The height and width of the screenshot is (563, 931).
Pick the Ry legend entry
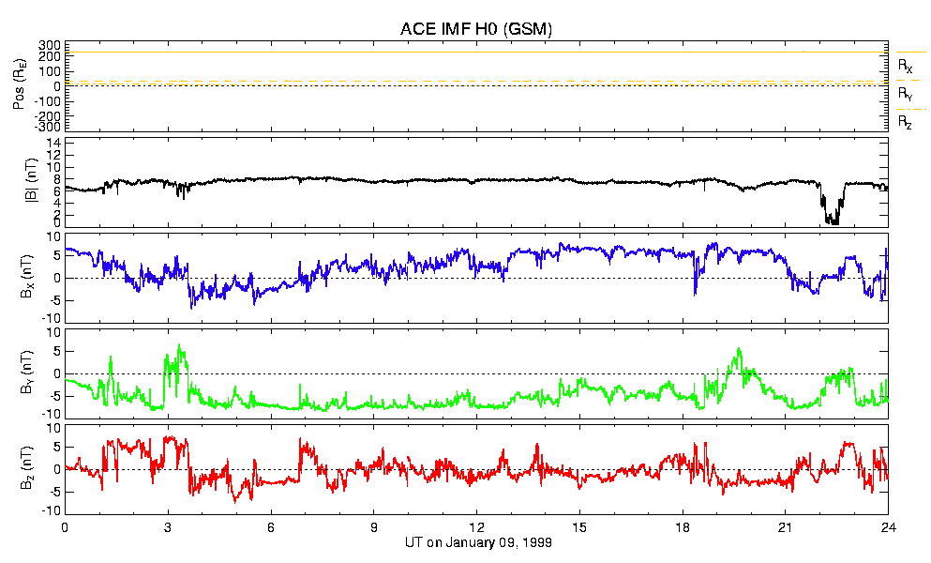click(x=905, y=94)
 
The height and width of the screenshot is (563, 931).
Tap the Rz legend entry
click(x=905, y=122)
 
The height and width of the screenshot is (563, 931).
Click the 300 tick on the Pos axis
click(x=50, y=45)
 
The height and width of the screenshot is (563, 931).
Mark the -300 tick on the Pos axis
click(x=48, y=126)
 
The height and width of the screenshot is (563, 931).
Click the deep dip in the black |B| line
click(x=831, y=220)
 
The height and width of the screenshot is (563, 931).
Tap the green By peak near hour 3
click(x=179, y=346)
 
